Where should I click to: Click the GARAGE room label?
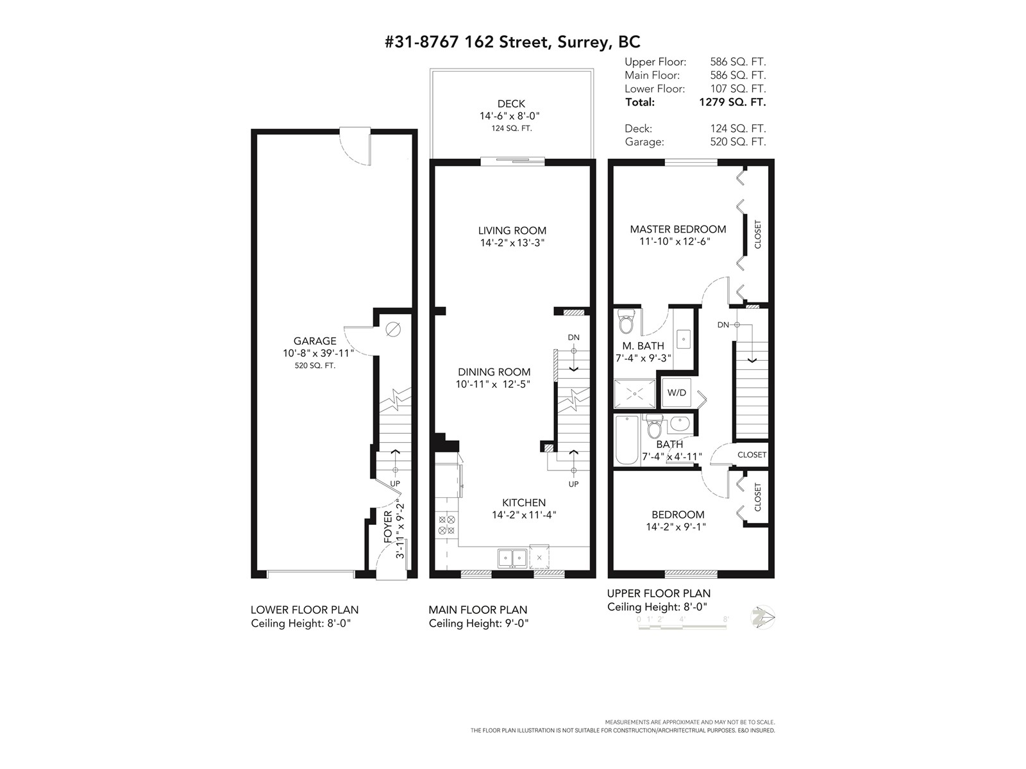coord(315,341)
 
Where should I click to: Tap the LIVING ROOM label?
coord(512,230)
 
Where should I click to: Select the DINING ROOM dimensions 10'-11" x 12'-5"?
coord(493,384)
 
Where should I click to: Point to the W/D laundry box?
coord(677,392)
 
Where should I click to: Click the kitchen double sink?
coord(512,558)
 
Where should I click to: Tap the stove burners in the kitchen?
coord(446,525)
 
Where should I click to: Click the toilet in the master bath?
coord(625,321)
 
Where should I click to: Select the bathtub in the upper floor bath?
coord(627,440)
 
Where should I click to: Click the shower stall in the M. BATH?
coord(634,393)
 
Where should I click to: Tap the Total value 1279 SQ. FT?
coord(732,103)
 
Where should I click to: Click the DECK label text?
coord(511,104)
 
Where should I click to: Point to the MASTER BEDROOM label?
coord(678,229)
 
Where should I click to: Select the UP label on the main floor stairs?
coord(573,484)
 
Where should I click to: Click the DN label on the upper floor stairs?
coord(723,324)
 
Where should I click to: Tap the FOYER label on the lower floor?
coord(388,527)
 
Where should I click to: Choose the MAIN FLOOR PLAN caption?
coord(478,610)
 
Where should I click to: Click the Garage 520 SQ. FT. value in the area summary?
coord(738,142)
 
